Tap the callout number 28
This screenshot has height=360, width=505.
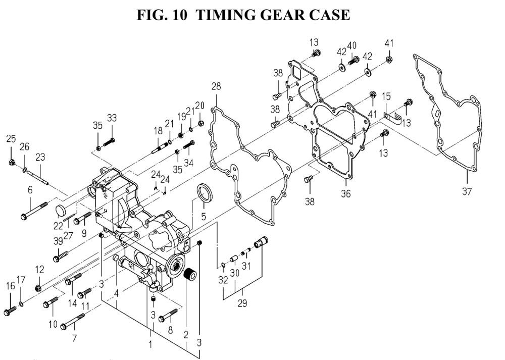pos(216,87)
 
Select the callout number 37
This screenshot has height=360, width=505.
pos(467,191)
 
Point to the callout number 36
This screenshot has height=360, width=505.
pos(345,194)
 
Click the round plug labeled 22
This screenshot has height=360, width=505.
pos(60,210)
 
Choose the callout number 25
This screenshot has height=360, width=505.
pos(11,138)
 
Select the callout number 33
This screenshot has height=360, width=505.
pos(112,118)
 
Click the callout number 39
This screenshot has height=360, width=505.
pos(58,241)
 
